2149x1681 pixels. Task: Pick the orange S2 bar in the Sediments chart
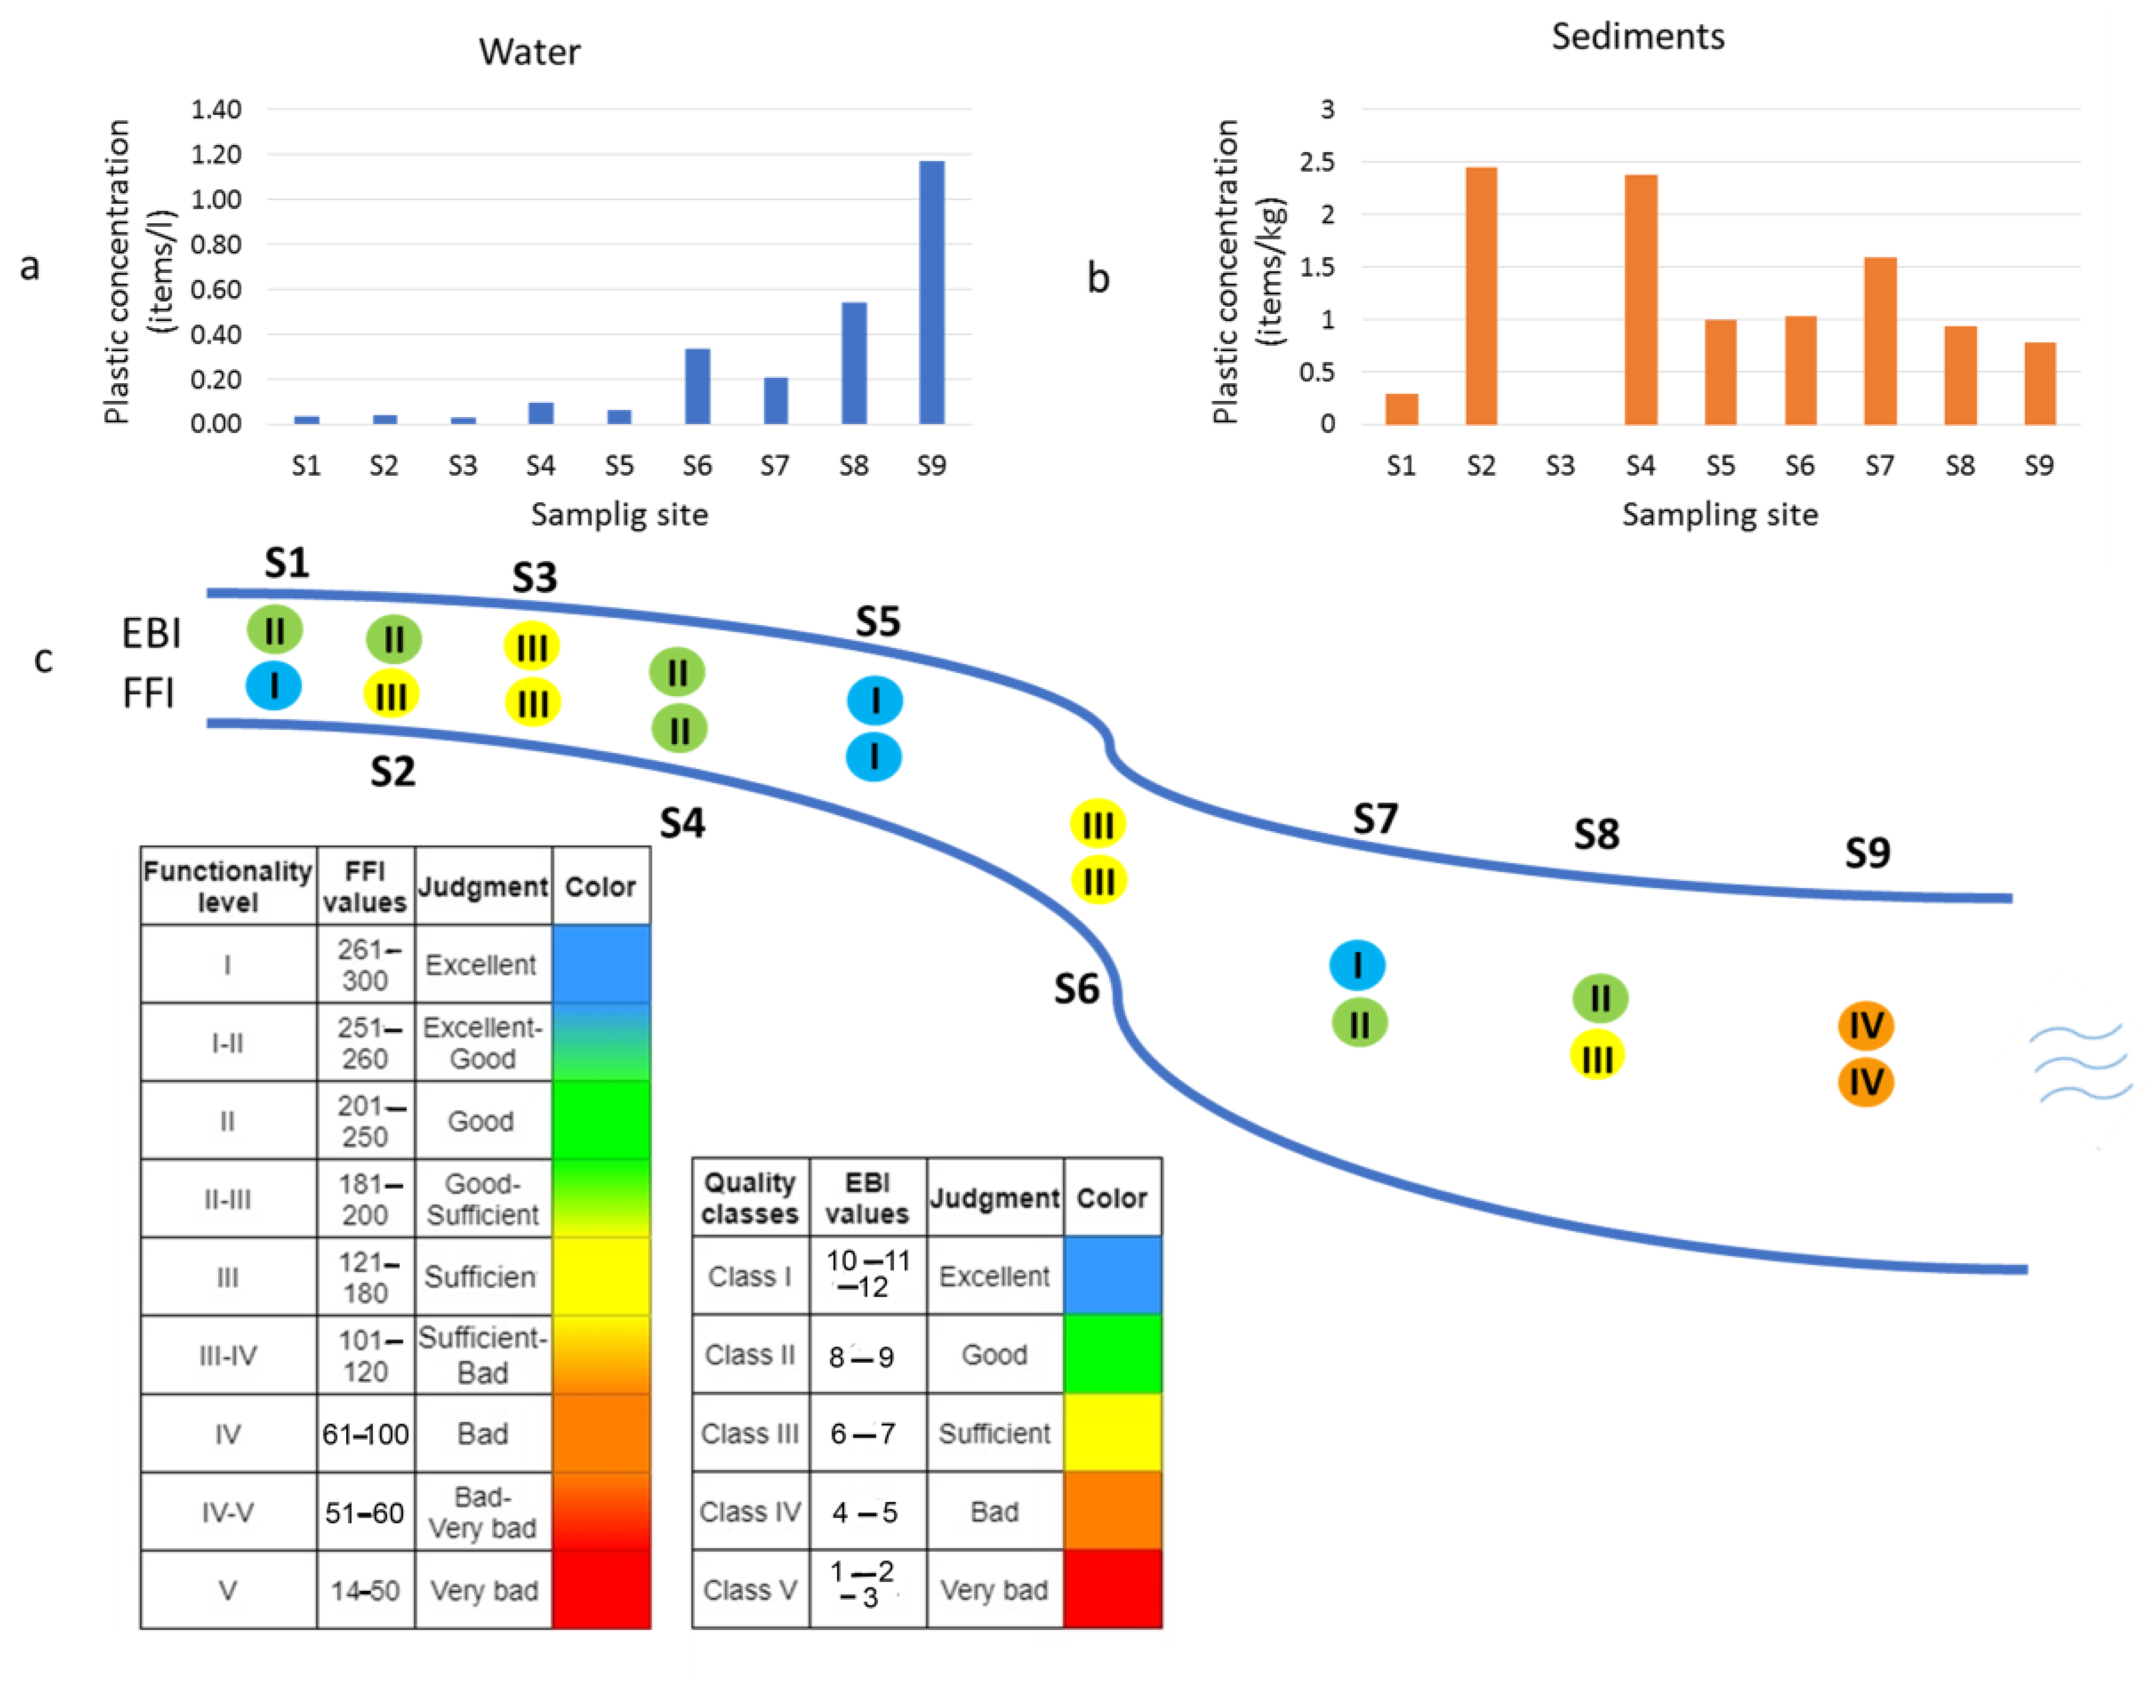click(1481, 295)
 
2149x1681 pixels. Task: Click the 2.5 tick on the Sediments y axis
click(1317, 162)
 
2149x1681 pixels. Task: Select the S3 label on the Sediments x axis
click(1559, 466)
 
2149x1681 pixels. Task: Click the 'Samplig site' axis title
click(619, 514)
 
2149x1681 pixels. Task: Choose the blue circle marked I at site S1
click(274, 686)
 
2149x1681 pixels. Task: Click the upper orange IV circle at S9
click(1865, 1025)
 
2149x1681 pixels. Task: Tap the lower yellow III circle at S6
click(1098, 880)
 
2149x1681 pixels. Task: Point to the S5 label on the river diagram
click(877, 622)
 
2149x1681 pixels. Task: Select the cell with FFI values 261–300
click(365, 964)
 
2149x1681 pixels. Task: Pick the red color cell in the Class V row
click(1112, 1589)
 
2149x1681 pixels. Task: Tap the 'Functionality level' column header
click(228, 886)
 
